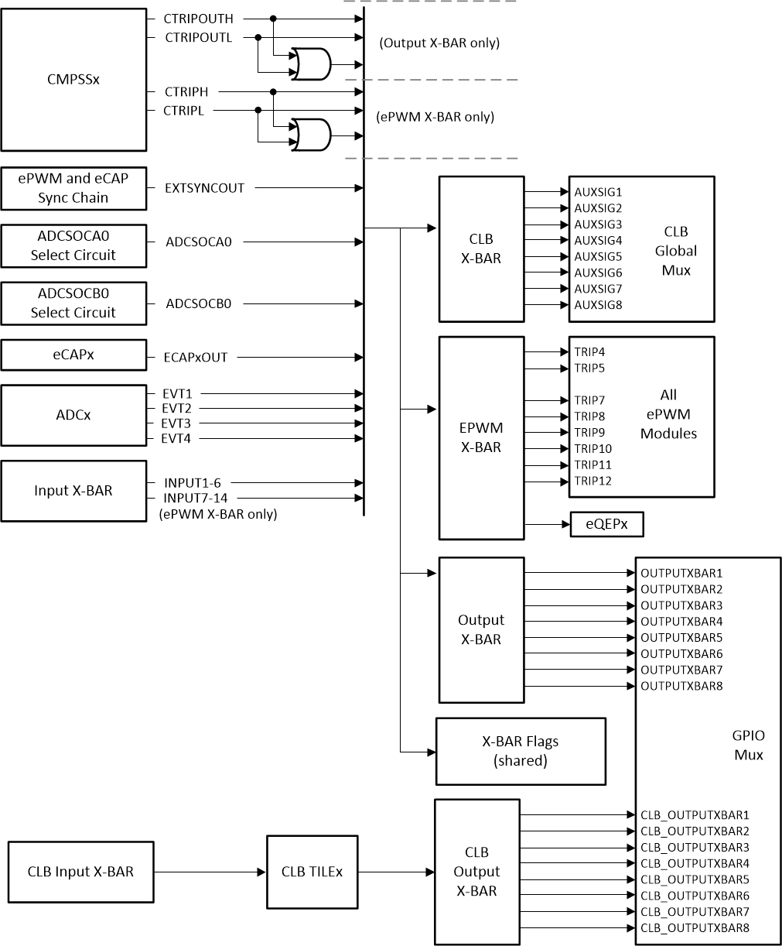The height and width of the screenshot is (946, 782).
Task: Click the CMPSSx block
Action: click(73, 80)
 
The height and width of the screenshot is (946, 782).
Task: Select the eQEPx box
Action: click(606, 525)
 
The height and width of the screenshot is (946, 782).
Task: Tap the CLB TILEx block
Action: click(312, 872)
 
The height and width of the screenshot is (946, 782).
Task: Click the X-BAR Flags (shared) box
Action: click(520, 751)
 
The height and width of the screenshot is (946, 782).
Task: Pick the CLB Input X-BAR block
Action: click(80, 872)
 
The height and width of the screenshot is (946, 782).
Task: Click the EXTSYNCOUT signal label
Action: click(205, 188)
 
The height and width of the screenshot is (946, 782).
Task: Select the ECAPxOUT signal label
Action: click(196, 358)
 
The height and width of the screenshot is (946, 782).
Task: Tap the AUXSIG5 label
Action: click(598, 256)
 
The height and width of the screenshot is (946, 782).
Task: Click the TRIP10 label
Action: click(592, 449)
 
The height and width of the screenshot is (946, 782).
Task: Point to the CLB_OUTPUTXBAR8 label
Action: click(695, 928)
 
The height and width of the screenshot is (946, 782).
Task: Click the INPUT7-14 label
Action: click(195, 498)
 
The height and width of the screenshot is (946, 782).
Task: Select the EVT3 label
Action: click(176, 423)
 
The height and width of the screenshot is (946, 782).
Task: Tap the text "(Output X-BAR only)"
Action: click(439, 43)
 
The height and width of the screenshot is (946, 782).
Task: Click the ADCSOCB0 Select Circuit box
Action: click(73, 303)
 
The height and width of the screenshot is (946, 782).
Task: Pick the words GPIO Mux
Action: click(748, 745)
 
